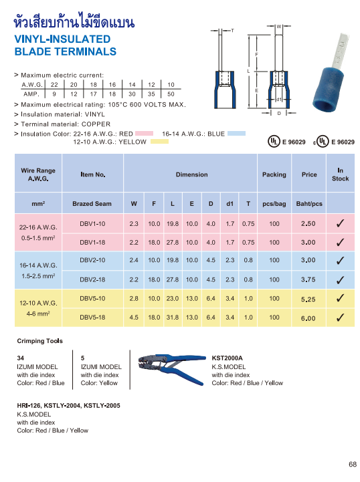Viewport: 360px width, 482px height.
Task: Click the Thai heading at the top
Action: (x=75, y=23)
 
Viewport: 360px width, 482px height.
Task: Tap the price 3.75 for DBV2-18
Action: (x=308, y=280)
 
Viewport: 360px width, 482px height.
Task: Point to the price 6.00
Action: (x=308, y=318)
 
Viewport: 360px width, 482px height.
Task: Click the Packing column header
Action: (x=274, y=174)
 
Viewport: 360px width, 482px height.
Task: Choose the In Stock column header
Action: (x=340, y=174)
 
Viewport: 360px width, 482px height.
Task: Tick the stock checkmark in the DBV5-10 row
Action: (x=340, y=299)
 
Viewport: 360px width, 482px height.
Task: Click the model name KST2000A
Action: (x=228, y=358)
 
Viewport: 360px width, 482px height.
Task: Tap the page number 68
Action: (x=352, y=465)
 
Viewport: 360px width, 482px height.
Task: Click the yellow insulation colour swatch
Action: (x=159, y=142)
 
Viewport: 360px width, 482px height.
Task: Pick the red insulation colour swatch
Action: (x=145, y=134)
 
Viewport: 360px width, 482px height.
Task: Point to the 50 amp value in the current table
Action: (x=171, y=94)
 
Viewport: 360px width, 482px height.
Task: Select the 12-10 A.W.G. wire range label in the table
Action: (x=37, y=302)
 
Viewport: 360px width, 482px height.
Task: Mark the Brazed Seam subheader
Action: (x=92, y=203)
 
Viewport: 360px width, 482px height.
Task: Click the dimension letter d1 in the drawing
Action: (x=278, y=99)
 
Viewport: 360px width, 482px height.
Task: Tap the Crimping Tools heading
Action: (x=40, y=341)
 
